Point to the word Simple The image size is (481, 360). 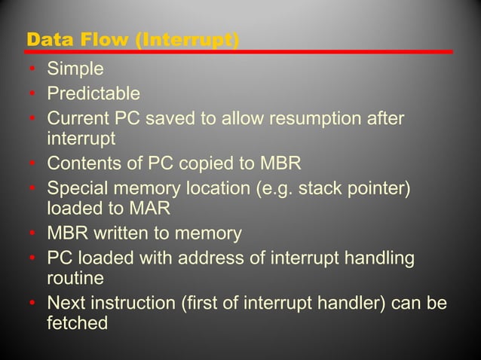point(75,70)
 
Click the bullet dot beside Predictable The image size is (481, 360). point(33,95)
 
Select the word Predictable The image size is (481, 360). point(93,94)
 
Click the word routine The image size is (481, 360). point(75,278)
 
